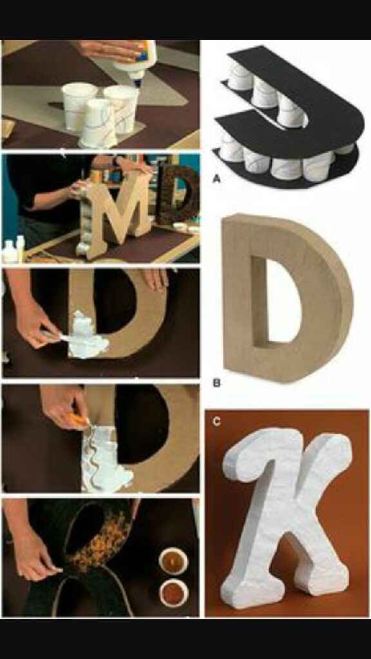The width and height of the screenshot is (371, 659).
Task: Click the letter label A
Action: click(x=216, y=180)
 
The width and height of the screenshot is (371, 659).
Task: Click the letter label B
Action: click(x=216, y=383)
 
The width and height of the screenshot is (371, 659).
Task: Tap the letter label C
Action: click(x=216, y=422)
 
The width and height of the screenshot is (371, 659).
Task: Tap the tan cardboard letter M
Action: click(x=116, y=214)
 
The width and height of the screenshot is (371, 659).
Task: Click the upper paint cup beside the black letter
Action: click(x=173, y=561)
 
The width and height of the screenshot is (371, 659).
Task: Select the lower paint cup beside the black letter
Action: click(x=173, y=593)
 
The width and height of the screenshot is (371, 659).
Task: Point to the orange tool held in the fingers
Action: click(x=79, y=419)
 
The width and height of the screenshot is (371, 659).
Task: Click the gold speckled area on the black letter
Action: click(x=101, y=542)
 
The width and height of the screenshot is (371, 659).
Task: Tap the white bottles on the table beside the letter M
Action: click(x=14, y=250)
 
